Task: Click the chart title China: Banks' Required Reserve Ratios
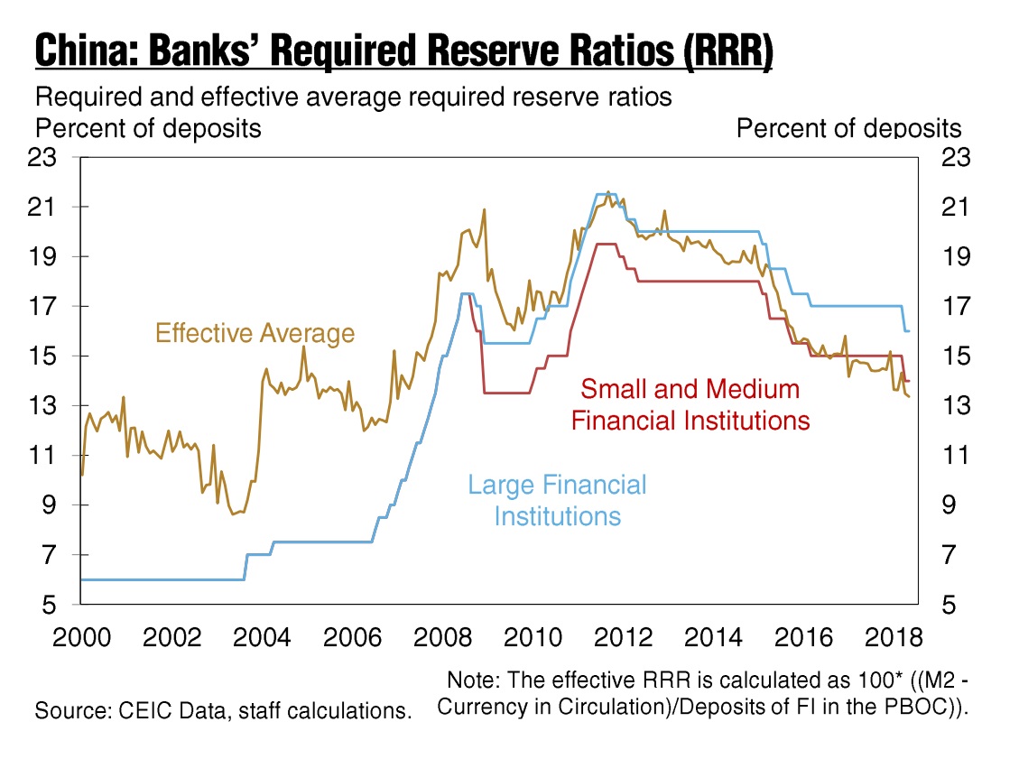404,50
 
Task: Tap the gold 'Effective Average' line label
255,333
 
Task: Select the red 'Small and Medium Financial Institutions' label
690,404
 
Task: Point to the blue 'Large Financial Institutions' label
557,500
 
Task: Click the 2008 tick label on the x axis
442,637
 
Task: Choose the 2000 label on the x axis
82,637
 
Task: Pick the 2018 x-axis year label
894,637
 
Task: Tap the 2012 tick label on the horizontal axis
624,637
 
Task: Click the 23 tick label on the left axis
42,157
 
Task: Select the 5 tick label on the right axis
949,605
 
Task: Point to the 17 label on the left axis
42,306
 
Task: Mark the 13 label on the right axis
956,405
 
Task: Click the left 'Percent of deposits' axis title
148,129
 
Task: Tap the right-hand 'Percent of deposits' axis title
848,129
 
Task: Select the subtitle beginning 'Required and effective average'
354,97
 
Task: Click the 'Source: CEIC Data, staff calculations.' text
224,710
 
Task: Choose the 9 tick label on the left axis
50,504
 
